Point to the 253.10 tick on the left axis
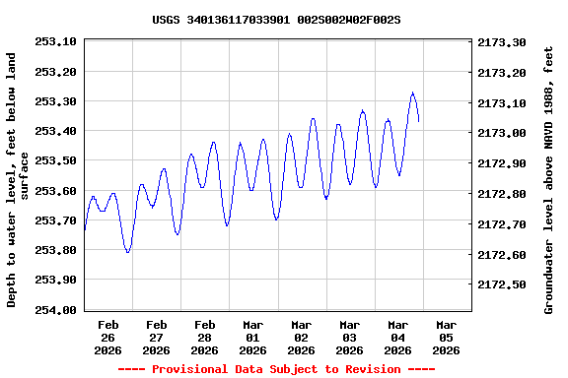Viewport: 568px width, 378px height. (x=55, y=41)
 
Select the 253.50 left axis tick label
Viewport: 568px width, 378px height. (x=55, y=160)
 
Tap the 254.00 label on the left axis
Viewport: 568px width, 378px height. (x=55, y=309)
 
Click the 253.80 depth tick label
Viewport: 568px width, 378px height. (x=55, y=250)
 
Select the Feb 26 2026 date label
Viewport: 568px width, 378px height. (x=108, y=337)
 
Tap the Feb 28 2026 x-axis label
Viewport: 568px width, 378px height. (x=205, y=337)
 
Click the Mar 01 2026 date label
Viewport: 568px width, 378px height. (x=253, y=337)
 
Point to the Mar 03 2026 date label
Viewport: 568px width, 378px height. (x=350, y=337)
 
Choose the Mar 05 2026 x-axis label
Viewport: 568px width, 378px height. (x=447, y=337)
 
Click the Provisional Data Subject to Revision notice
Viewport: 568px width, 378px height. (x=276, y=369)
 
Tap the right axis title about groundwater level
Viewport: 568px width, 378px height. (x=549, y=180)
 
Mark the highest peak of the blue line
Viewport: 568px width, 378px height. (x=413, y=93)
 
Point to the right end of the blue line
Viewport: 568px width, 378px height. (x=419, y=121)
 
